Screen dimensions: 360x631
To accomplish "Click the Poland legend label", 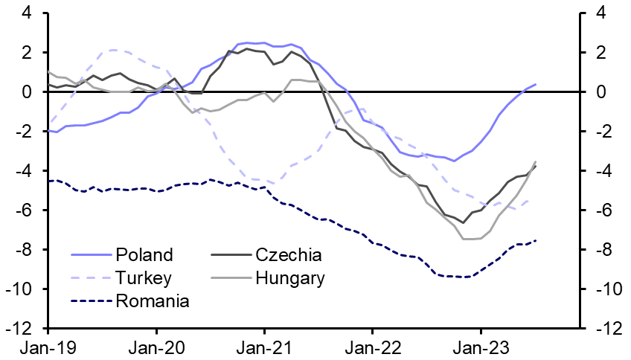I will pyautogui.click(x=144, y=255).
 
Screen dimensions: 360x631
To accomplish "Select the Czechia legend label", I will pyautogui.click(x=288, y=255).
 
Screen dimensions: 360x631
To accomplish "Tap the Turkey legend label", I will pyautogui.click(x=144, y=278).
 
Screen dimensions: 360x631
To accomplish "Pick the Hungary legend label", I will pyautogui.click(x=289, y=278).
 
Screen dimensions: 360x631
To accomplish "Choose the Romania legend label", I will pyautogui.click(x=153, y=300).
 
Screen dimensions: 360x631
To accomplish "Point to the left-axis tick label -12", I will pyautogui.click(x=21, y=328).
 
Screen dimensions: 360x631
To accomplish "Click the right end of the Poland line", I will pyautogui.click(x=536, y=84).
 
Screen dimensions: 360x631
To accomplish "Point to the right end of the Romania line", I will pyautogui.click(x=536, y=240).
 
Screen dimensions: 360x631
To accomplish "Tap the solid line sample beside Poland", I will pyautogui.click(x=91, y=255).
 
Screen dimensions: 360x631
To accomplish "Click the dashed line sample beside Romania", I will pyautogui.click(x=91, y=300).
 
